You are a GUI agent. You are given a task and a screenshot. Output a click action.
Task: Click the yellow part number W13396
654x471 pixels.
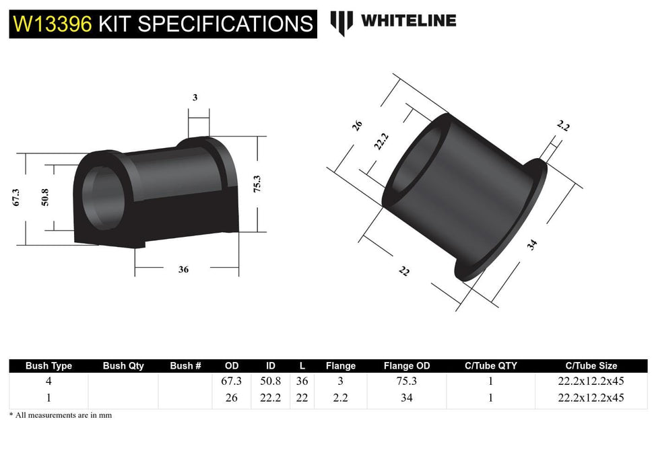point(53,24)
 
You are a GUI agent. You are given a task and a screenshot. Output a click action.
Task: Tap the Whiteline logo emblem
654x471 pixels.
point(341,22)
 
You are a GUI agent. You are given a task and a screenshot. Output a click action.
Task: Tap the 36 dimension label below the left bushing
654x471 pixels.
point(183,269)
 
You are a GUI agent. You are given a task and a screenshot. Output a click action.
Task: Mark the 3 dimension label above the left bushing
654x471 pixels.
point(195,98)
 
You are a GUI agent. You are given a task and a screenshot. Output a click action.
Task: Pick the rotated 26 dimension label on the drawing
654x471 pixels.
point(358,124)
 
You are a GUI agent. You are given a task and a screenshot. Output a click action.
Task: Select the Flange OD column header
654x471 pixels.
point(406,366)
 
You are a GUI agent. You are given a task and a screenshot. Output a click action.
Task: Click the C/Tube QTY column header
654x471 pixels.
point(490,366)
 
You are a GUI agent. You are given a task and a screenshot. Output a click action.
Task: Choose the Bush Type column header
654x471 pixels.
point(48,366)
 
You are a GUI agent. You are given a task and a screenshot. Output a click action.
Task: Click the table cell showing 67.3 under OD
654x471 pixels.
point(232,382)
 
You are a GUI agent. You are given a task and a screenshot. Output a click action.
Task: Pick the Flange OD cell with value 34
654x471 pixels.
point(406,398)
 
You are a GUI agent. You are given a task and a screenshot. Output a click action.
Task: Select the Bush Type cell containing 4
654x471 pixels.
point(48,382)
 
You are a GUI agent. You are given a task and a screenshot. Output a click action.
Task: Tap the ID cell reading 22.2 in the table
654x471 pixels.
point(270,398)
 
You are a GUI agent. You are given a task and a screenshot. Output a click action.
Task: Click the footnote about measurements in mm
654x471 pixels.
point(61,415)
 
